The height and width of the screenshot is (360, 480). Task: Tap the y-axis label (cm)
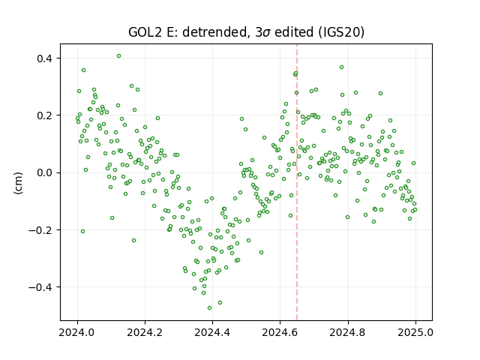click(x=18, y=183)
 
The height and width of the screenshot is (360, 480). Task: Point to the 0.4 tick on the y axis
click(x=45, y=58)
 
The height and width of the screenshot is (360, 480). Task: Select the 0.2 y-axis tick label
click(x=45, y=115)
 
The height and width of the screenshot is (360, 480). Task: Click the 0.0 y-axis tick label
click(x=45, y=172)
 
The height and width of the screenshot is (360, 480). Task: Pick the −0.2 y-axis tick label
click(x=41, y=230)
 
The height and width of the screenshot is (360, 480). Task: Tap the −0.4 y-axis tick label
click(x=41, y=287)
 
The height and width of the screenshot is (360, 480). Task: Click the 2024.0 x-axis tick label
click(x=77, y=331)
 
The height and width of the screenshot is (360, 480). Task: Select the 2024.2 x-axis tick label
click(x=145, y=331)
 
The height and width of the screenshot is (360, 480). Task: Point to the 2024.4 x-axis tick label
click(x=212, y=331)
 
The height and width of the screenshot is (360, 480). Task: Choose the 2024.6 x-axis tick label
click(x=280, y=331)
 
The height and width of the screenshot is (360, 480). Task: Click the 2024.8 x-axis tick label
click(x=348, y=331)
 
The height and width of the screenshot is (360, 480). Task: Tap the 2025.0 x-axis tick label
click(x=415, y=331)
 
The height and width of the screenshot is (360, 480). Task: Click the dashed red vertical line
click(x=297, y=182)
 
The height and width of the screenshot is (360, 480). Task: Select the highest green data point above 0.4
click(x=118, y=56)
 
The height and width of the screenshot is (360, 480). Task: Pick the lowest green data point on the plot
click(x=210, y=307)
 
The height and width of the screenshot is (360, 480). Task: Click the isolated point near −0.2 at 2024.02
click(x=82, y=232)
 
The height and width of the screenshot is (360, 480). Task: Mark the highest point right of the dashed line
click(x=342, y=67)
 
